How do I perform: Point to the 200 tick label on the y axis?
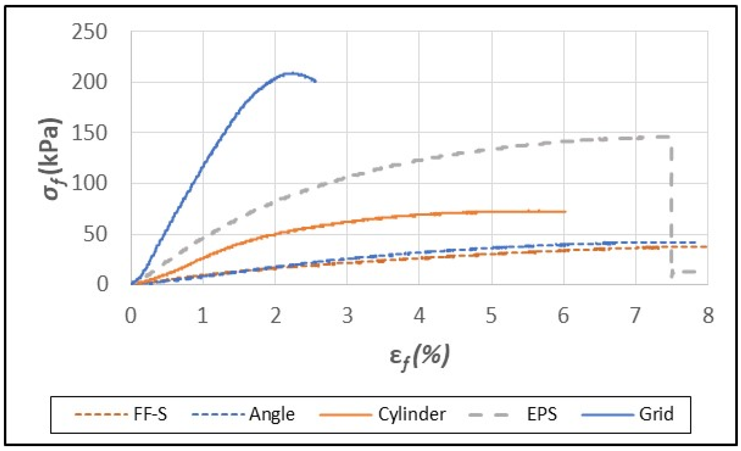coord(89,82)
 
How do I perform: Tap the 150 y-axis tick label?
coord(89,133)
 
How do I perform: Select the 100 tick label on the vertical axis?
coord(89,183)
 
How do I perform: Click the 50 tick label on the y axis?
coord(95,234)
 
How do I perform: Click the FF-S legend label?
coord(150,414)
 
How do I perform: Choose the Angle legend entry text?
coord(272,414)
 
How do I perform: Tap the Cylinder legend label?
coord(412,414)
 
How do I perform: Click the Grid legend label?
coord(656,414)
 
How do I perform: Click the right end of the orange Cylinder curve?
coord(565,212)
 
